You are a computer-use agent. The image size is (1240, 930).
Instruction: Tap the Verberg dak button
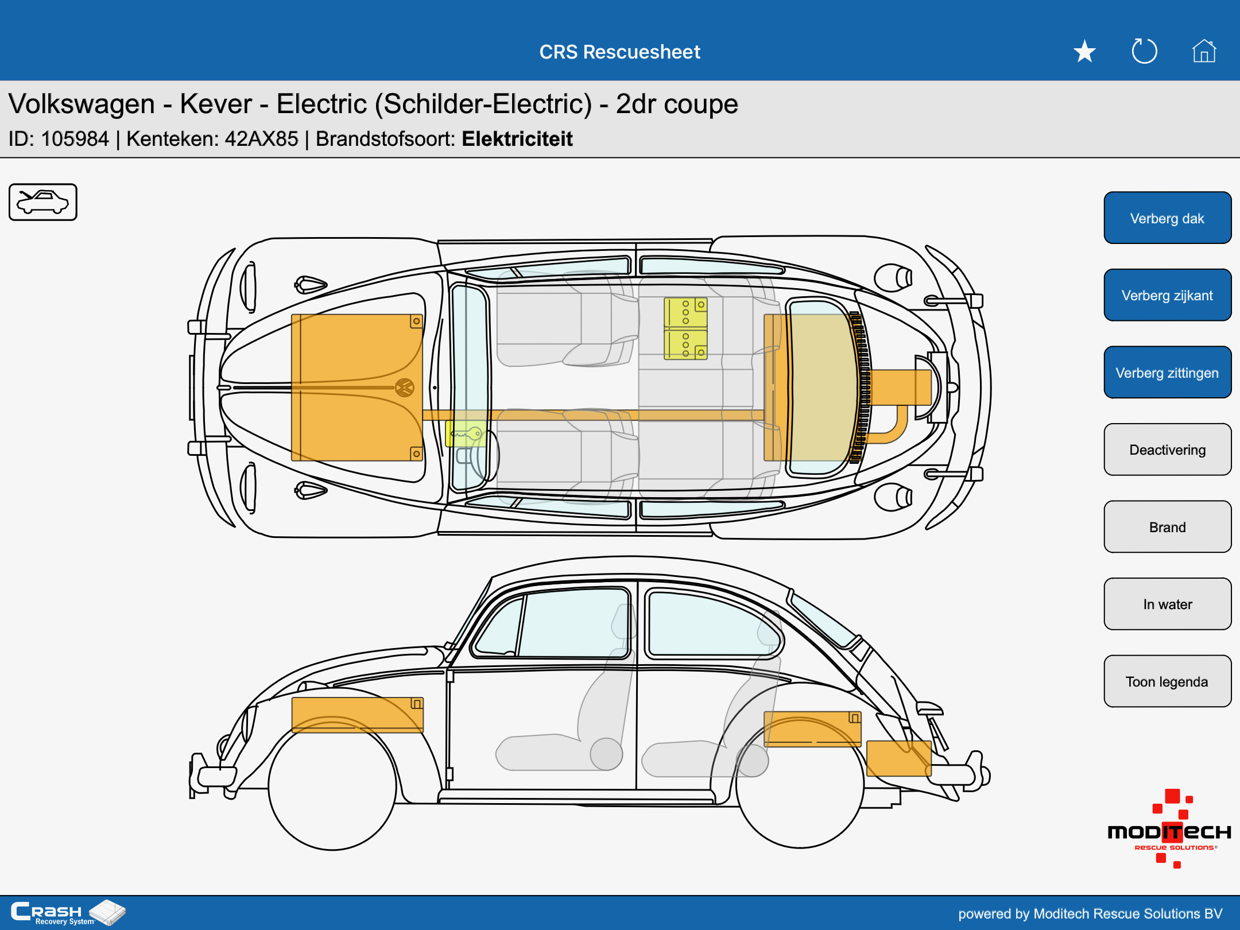[1167, 218]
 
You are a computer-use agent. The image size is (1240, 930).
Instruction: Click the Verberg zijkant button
[1167, 295]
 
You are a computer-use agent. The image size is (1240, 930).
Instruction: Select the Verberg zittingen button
[1167, 373]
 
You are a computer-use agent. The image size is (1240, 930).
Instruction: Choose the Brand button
[1167, 527]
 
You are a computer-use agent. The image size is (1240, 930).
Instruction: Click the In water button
[1167, 604]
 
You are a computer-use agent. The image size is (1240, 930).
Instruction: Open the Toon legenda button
[1167, 681]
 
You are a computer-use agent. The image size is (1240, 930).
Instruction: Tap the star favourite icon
[1084, 52]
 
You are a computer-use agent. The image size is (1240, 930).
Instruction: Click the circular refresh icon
[1144, 51]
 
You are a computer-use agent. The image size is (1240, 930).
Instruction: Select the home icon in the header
[1204, 51]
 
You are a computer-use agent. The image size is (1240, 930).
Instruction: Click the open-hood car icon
[43, 202]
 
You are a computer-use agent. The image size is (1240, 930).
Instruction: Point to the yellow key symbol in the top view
[466, 433]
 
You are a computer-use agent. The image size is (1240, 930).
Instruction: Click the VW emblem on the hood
[405, 387]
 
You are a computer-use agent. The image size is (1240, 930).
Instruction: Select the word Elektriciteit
[517, 139]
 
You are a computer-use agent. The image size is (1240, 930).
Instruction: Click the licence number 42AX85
[262, 139]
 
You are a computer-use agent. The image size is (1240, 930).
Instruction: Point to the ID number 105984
[75, 139]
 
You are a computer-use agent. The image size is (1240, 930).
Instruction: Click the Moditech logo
[1169, 829]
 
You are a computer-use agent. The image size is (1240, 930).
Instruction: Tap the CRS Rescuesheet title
[620, 52]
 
